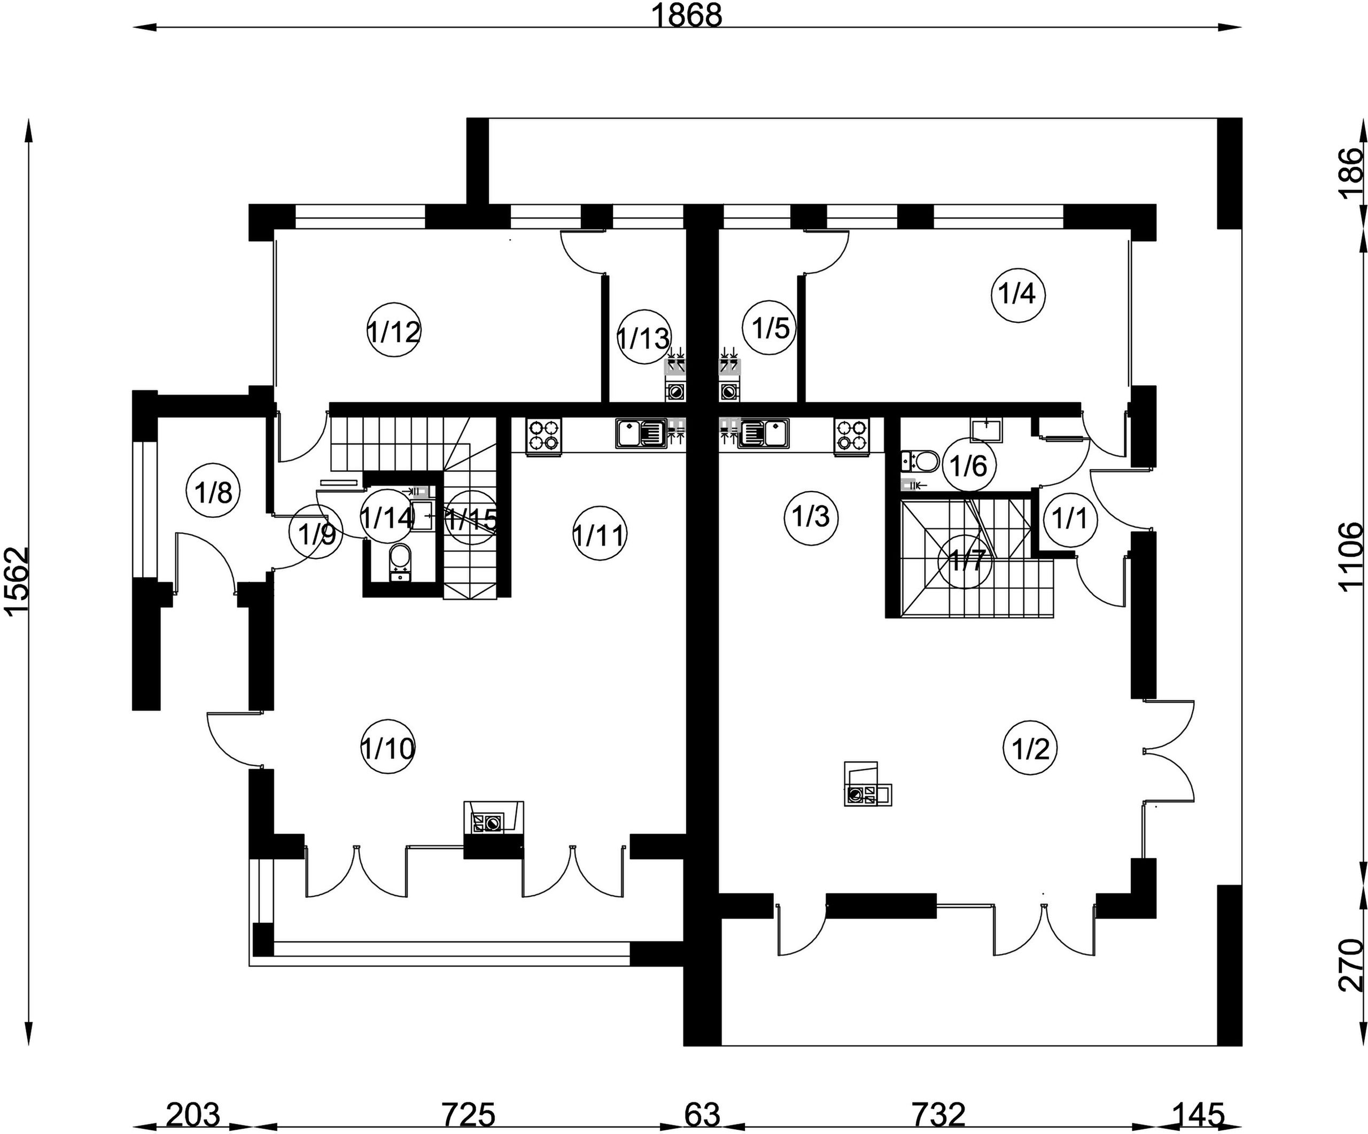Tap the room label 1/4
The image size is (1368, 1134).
[1017, 294]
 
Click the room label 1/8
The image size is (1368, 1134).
[214, 492]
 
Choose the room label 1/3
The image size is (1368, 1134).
[810, 517]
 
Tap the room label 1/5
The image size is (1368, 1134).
[771, 328]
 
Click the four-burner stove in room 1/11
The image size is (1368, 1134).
[544, 435]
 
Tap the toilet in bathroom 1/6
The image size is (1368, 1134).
[920, 461]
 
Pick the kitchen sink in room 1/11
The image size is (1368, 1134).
[639, 433]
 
